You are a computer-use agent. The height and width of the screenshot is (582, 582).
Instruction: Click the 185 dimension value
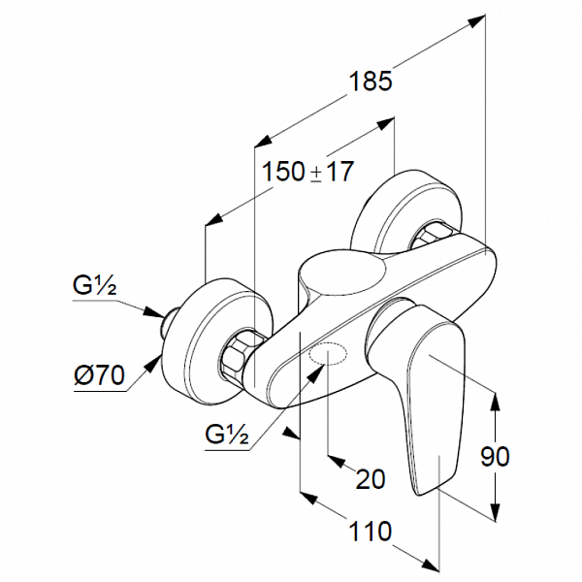pos(372,81)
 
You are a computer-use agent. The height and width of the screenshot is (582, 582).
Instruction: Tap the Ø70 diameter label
pos(99,375)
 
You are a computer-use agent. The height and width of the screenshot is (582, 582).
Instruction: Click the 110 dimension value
pos(371,532)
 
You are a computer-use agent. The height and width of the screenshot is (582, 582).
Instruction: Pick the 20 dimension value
pos(371,478)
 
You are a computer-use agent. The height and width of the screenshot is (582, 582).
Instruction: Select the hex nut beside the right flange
pos(433,238)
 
